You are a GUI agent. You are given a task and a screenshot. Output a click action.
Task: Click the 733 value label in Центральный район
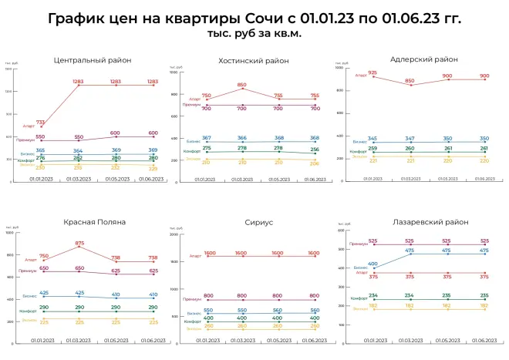click(x=40, y=122)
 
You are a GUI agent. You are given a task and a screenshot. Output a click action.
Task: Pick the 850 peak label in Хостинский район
click(x=242, y=85)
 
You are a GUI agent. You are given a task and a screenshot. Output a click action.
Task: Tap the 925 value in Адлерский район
click(x=372, y=73)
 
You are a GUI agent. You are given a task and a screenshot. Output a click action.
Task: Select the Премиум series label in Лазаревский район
click(x=355, y=244)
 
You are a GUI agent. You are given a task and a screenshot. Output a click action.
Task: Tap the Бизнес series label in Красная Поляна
click(x=29, y=295)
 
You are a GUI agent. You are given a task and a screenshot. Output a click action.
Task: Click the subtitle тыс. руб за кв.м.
click(x=254, y=35)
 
